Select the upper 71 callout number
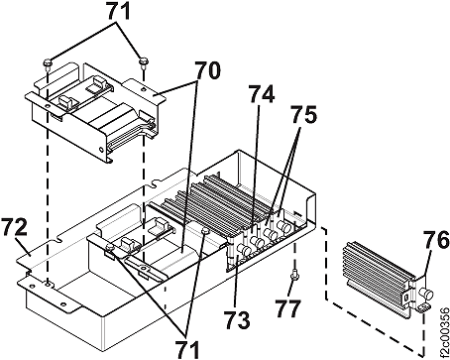118,13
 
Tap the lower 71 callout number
187,349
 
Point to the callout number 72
14,227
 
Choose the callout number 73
237,319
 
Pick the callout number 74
262,94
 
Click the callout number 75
303,115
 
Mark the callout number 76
437,240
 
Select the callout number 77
288,308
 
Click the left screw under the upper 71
47,63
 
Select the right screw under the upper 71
144,61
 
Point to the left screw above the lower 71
109,247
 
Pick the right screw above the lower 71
205,230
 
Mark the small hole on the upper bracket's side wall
101,150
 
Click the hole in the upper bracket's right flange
143,89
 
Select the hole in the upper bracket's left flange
48,106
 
